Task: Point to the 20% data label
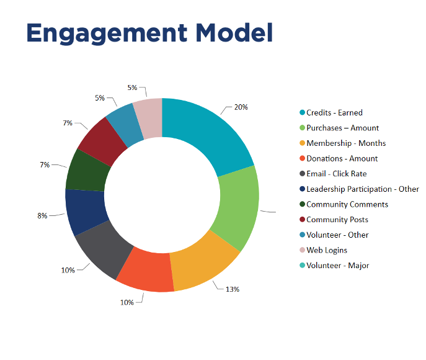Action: point(241,107)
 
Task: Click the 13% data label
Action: point(232,289)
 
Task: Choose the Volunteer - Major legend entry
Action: point(337,266)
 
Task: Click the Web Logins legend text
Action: point(326,250)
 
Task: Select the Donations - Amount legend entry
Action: point(342,158)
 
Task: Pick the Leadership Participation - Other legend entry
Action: point(362,189)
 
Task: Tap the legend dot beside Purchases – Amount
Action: point(302,128)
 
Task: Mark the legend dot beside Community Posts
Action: point(302,220)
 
